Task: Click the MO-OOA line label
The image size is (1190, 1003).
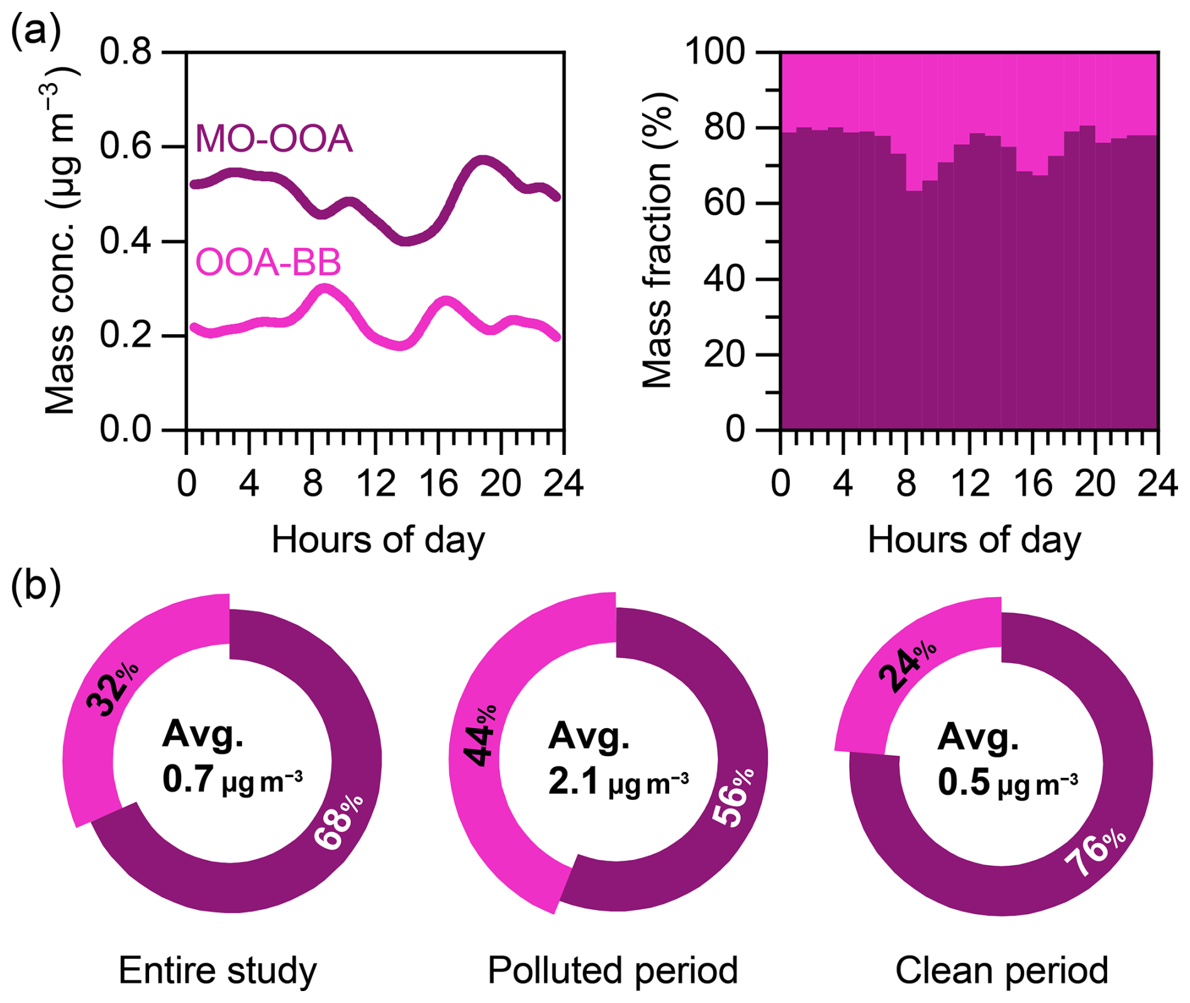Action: click(x=274, y=138)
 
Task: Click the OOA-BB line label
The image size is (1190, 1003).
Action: click(x=268, y=262)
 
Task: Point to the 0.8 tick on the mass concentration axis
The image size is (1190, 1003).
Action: click(x=126, y=52)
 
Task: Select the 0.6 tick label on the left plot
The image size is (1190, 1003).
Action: click(x=126, y=146)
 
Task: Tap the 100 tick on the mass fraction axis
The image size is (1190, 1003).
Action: click(x=715, y=52)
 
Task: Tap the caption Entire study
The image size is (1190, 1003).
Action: click(x=218, y=970)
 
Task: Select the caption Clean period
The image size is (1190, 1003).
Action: click(x=1001, y=970)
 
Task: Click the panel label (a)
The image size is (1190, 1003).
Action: click(x=36, y=30)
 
